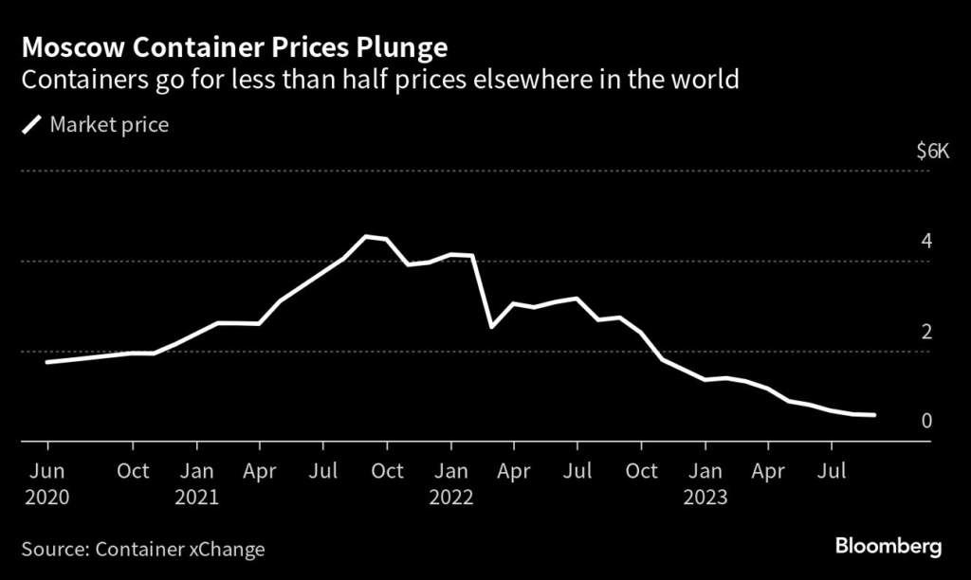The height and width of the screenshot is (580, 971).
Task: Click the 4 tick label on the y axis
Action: (x=926, y=241)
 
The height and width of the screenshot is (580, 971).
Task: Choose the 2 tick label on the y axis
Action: (x=926, y=331)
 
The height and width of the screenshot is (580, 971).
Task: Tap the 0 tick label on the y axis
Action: (x=926, y=421)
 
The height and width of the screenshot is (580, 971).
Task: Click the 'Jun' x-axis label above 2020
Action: (x=46, y=471)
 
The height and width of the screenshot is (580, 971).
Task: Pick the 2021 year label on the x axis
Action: (x=196, y=497)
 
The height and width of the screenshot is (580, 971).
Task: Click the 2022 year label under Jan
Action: (x=450, y=497)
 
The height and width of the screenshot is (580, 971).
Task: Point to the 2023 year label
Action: (x=705, y=497)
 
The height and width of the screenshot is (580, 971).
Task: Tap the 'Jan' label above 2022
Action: (x=450, y=471)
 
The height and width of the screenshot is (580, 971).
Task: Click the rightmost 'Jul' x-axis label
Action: (x=832, y=471)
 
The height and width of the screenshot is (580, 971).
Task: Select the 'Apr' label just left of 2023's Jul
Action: (x=768, y=471)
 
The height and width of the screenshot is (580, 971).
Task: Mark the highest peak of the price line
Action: (x=367, y=236)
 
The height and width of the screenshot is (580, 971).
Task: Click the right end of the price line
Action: (x=873, y=415)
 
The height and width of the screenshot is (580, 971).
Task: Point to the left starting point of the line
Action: (x=46, y=362)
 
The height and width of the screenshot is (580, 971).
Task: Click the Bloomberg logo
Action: (x=888, y=547)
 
